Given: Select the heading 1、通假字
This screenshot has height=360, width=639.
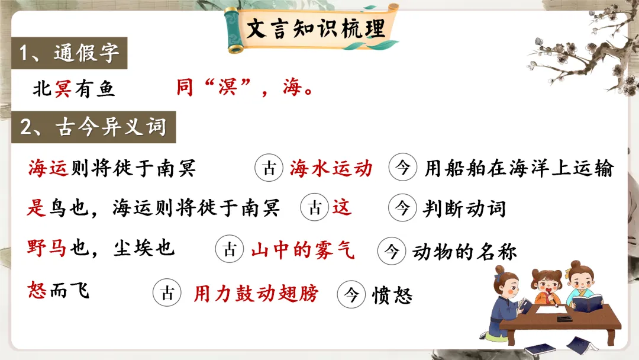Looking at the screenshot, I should (x=69, y=54).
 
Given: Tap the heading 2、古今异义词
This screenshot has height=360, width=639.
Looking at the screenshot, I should (x=93, y=127).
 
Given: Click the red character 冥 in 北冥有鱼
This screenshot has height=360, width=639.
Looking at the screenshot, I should (x=63, y=89).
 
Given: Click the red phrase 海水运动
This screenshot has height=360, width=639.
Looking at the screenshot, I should (x=331, y=169).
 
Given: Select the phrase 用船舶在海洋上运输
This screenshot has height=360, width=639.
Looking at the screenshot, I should (x=519, y=169).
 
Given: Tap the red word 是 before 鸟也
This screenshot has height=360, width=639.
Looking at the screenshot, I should (x=37, y=208).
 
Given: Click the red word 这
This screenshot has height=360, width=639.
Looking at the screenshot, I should (x=342, y=208).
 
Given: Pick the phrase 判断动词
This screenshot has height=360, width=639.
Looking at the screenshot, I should (x=464, y=208).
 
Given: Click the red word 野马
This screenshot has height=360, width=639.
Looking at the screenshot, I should (x=49, y=247).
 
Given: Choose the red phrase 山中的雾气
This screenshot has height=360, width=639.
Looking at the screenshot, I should (x=302, y=250).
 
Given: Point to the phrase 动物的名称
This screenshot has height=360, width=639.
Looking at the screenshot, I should (x=464, y=252).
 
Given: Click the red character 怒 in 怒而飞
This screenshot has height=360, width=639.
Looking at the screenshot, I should (x=37, y=291).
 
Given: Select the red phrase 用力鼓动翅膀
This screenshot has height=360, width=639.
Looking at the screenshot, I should (x=256, y=293).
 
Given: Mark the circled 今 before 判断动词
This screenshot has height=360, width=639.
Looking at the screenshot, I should (x=402, y=208).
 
